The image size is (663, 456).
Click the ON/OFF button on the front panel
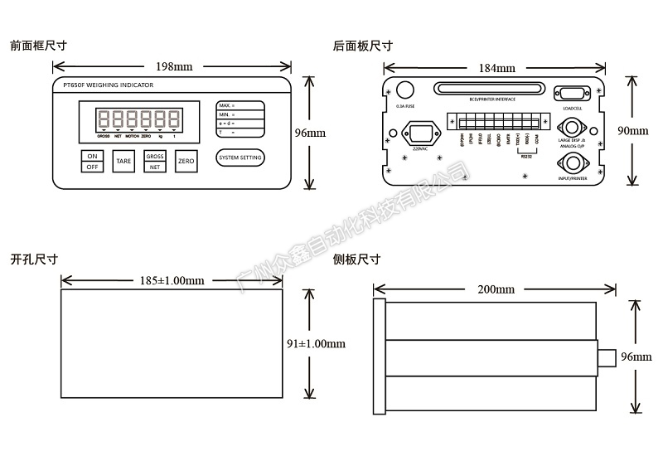pyautogui.click(x=93, y=161)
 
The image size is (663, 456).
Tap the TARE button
pyautogui.click(x=123, y=161)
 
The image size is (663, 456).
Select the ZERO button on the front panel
pyautogui.click(x=186, y=161)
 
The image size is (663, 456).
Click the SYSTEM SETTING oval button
pyautogui.click(x=240, y=158)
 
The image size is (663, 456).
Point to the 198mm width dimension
pyautogui.click(x=174, y=66)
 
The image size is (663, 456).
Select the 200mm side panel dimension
pyautogui.click(x=496, y=289)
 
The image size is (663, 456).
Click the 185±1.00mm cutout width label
pyautogui.click(x=172, y=281)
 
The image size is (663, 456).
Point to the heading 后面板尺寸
pyautogui.click(x=362, y=46)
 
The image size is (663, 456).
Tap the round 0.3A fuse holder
pyautogui.click(x=406, y=90)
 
